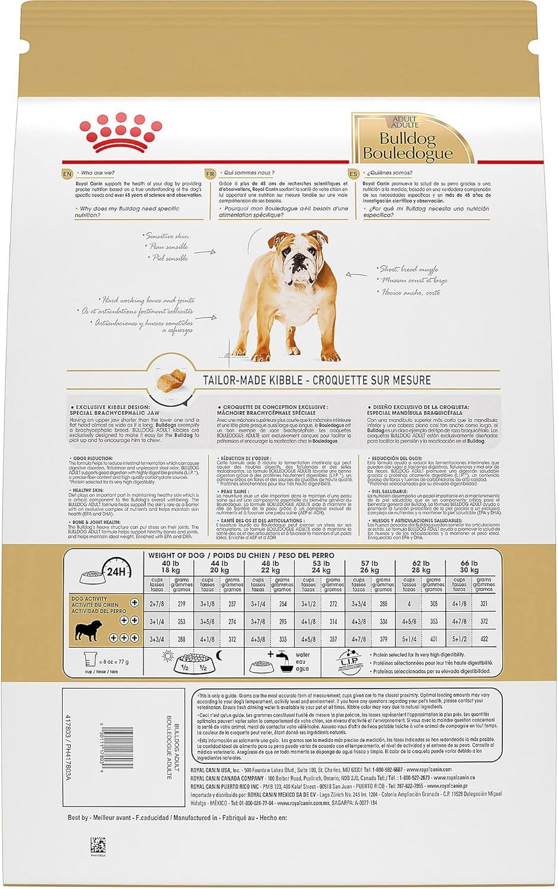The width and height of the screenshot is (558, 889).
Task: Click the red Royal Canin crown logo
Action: tap(121, 134)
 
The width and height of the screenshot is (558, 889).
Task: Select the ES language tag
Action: tap(354, 174)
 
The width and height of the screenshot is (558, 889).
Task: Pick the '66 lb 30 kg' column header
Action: tap(469, 567)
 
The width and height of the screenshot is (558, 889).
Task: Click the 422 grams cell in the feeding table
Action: tap(484, 639)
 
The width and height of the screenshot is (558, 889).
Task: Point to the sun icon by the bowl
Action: tap(168, 655)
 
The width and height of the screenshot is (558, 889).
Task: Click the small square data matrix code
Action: tap(97, 844)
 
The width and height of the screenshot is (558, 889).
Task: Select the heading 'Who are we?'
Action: tap(97, 173)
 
